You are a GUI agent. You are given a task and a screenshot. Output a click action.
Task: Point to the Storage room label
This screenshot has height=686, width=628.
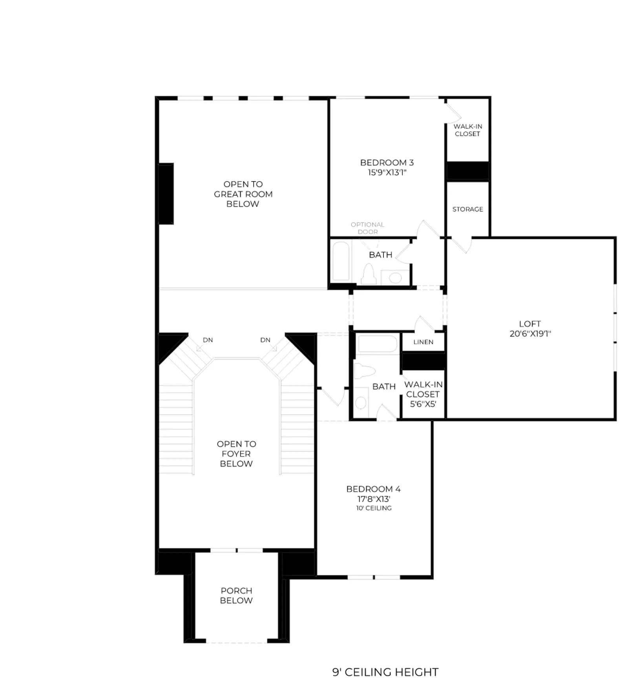[467, 209]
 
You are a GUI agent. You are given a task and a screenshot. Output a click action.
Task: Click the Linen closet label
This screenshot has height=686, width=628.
[423, 342]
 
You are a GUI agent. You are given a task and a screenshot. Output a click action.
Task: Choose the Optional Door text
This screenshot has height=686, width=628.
[367, 228]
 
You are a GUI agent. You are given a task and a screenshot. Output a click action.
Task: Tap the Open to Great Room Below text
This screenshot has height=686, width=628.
[243, 194]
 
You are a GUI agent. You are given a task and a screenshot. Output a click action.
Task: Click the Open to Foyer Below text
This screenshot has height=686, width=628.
[236, 454]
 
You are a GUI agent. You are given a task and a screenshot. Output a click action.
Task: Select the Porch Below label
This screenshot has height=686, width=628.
[236, 595]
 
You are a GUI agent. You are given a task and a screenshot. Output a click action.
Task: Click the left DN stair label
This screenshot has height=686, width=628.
[208, 340]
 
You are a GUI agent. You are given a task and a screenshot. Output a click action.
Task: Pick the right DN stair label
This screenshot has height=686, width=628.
[265, 340]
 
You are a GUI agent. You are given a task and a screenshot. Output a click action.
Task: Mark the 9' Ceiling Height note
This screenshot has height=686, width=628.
[385, 672]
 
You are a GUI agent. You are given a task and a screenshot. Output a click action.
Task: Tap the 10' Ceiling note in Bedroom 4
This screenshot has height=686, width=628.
[374, 508]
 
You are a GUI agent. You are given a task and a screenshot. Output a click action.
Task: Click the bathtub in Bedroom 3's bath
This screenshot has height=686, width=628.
[341, 261]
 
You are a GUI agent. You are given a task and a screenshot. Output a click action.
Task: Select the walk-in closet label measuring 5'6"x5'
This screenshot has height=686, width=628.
[423, 394]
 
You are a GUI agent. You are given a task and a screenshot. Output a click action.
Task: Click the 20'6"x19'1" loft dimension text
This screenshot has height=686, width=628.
[530, 334]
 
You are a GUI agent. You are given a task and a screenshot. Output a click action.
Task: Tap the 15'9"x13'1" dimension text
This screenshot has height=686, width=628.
[387, 172]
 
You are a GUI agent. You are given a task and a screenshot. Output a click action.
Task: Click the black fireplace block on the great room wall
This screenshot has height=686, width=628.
[166, 194]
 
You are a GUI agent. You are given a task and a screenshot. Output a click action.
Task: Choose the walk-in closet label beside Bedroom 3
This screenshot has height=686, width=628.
[467, 130]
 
